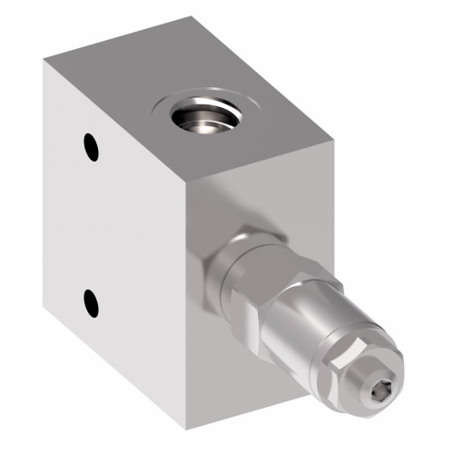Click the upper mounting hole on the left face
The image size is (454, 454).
pos(89,144)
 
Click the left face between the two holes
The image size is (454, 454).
pos(91,222)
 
